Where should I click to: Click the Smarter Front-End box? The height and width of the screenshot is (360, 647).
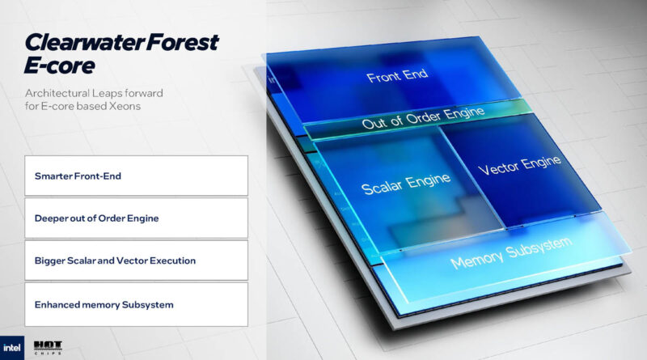click(x=136, y=176)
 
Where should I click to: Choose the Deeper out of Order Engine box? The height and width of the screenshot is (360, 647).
click(x=136, y=218)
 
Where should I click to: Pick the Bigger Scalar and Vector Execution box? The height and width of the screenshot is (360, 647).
click(x=136, y=260)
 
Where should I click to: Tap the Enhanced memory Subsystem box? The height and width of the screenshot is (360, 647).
click(x=136, y=304)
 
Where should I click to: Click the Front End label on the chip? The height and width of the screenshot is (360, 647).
click(x=397, y=78)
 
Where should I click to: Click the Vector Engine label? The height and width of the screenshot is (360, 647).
click(x=519, y=167)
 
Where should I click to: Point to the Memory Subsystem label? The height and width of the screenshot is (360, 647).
click(x=510, y=252)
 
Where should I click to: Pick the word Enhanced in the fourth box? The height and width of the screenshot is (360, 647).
click(x=57, y=304)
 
